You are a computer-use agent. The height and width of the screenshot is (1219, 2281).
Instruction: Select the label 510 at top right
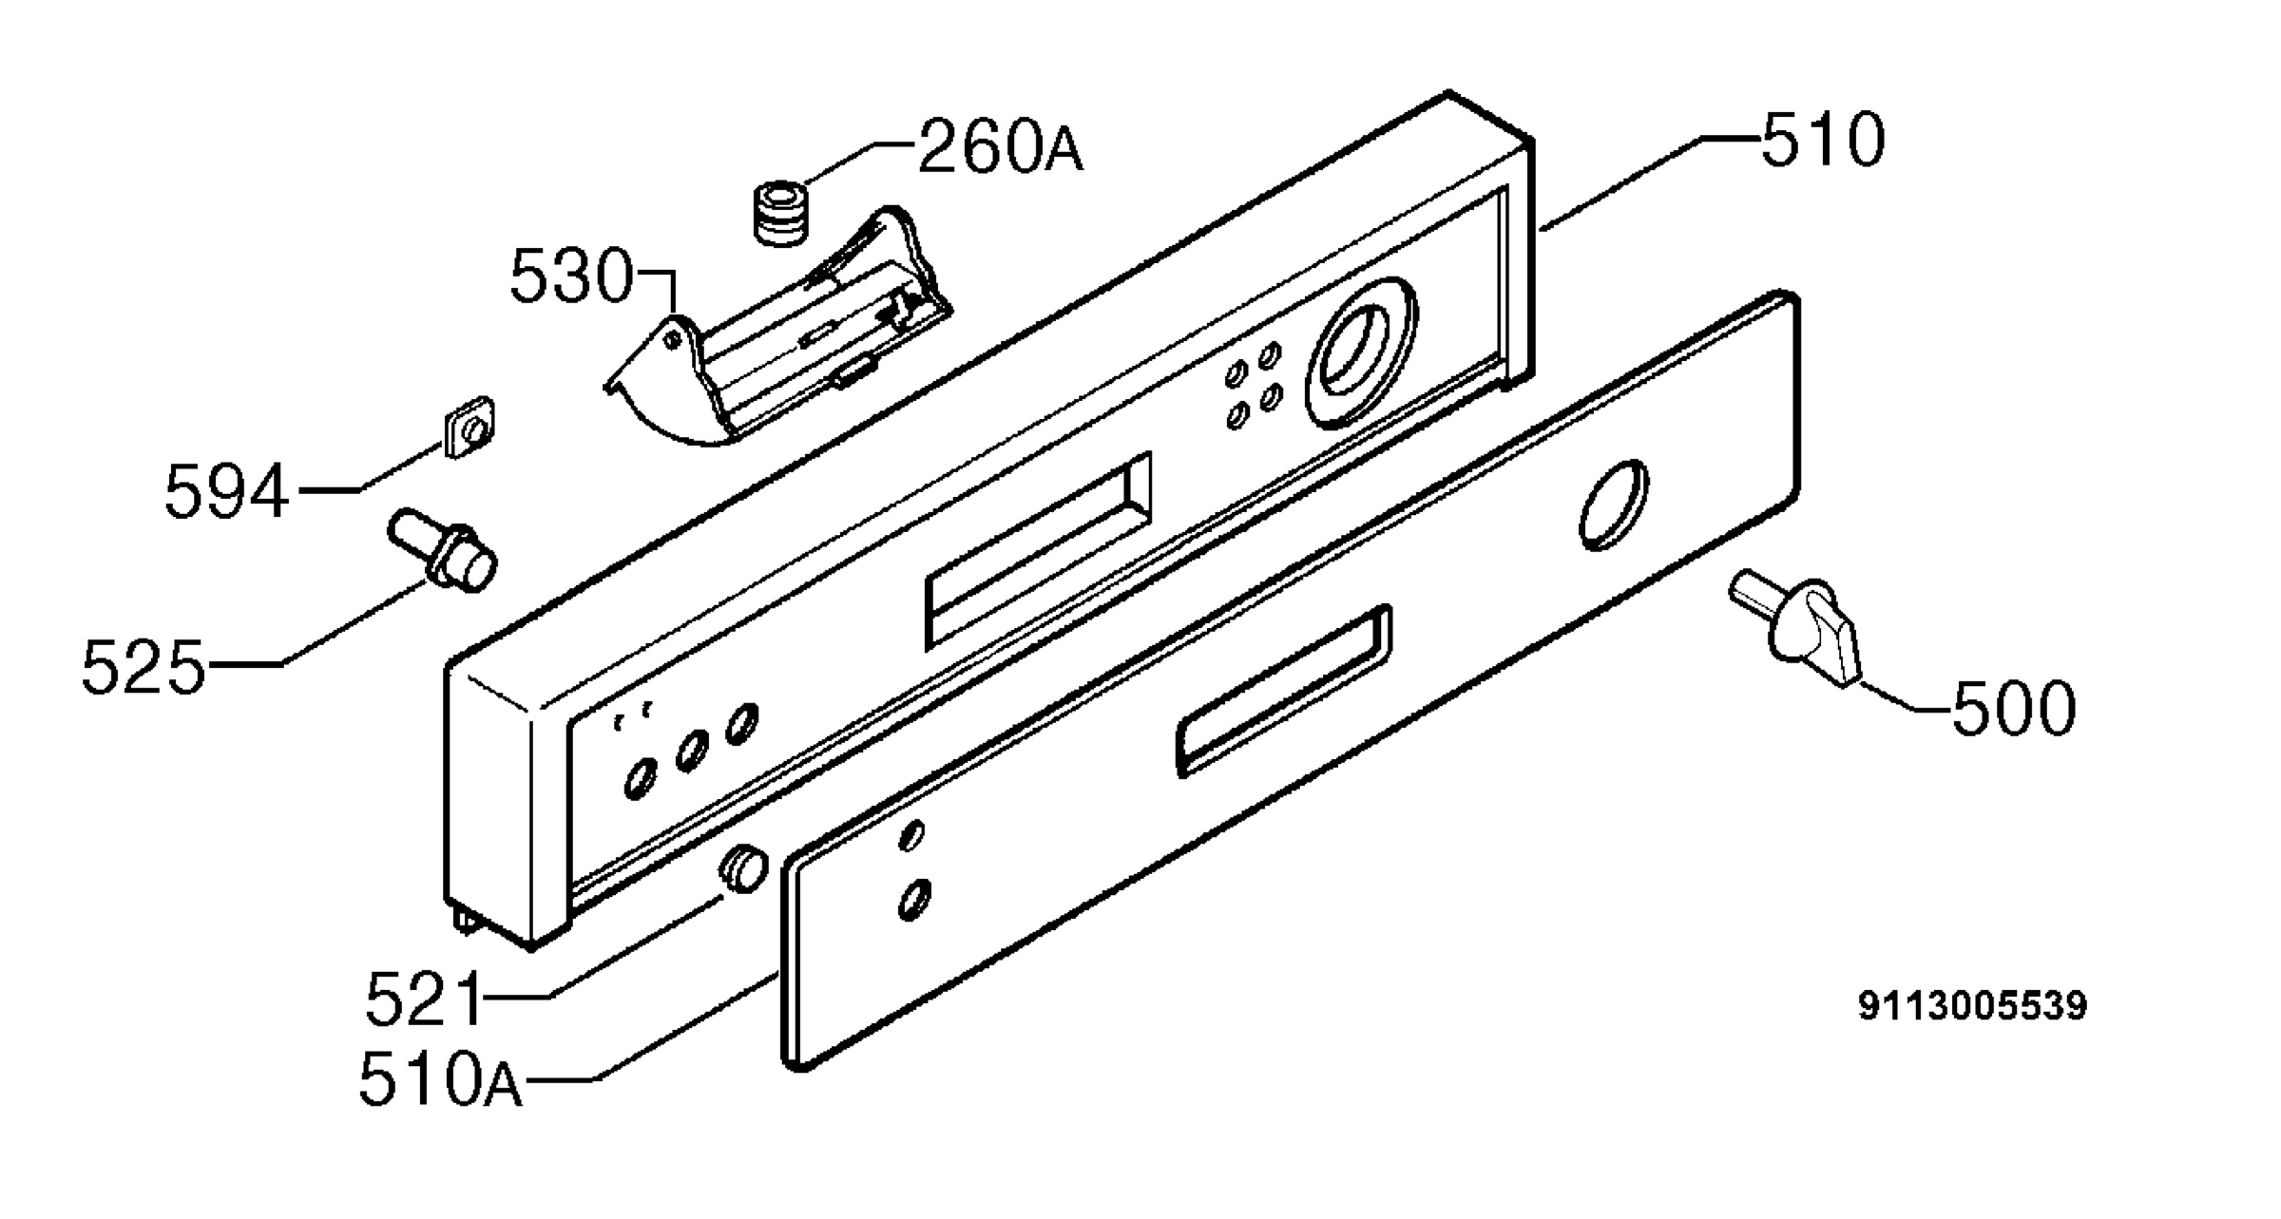tap(1823, 141)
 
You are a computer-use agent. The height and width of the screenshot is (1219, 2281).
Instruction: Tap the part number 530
tap(571, 276)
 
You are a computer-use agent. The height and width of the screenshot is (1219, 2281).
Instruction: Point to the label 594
tap(226, 491)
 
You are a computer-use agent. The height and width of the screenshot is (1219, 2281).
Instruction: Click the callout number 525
tap(143, 667)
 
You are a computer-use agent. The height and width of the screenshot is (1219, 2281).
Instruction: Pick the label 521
tap(424, 999)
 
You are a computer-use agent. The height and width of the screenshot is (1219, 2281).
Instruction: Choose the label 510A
tap(440, 1080)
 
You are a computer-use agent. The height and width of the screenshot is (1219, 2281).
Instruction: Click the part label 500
tap(2014, 709)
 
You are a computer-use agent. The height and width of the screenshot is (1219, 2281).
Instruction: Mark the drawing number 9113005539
tap(1973, 1005)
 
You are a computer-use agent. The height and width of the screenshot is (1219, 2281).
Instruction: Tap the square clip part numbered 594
tap(470, 428)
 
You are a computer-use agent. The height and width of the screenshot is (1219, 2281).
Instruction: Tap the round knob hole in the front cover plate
tap(1613, 505)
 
